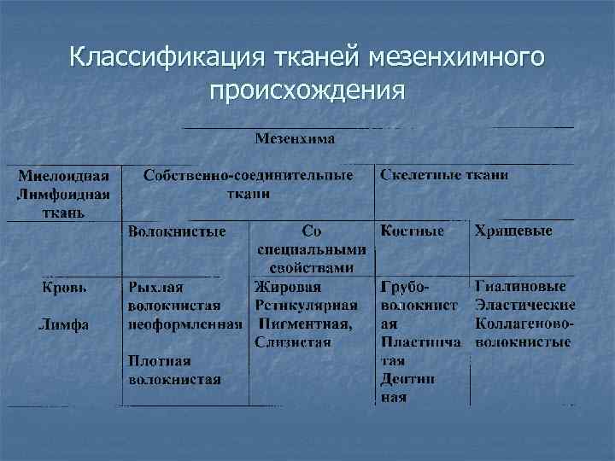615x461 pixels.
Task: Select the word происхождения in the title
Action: [307, 90]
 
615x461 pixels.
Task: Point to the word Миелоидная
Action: [63, 176]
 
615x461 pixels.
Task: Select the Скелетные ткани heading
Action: [444, 174]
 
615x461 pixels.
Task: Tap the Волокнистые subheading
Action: [177, 231]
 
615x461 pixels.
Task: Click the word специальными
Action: [313, 250]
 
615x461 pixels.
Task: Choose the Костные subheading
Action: [413, 231]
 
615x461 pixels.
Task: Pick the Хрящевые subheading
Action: [513, 231]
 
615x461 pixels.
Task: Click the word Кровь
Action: [64, 288]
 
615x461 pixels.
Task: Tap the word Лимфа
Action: [64, 324]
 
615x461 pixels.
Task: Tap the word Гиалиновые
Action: [525, 288]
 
